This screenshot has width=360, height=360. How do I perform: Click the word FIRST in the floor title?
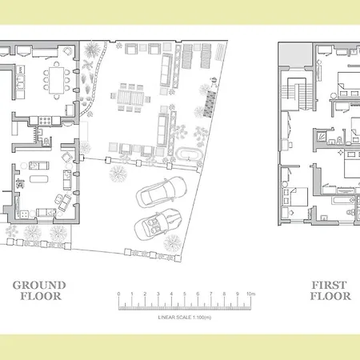pos(329,285)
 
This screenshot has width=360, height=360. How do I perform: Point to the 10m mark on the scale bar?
pos(250,294)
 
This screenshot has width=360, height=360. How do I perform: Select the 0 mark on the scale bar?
pos(118,294)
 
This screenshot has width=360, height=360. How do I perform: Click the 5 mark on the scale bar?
pos(184,294)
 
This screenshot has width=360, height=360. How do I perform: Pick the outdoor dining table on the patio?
pos(133,96)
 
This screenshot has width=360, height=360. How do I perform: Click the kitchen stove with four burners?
pos(42,122)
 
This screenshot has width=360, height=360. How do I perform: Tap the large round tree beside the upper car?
pos(119,172)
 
